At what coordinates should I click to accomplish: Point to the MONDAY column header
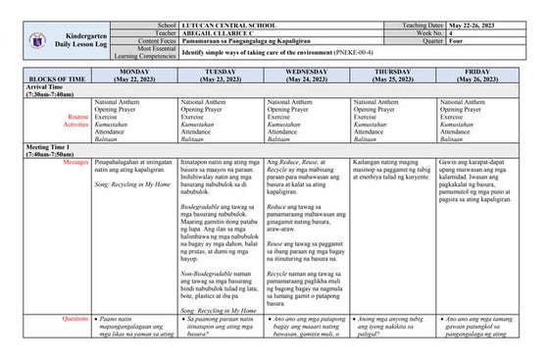(135, 72)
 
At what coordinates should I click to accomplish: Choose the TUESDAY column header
(222, 72)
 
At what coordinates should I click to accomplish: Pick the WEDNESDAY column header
(307, 72)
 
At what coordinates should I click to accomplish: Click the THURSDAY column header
(393, 72)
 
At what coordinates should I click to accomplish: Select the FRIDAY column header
(478, 72)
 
